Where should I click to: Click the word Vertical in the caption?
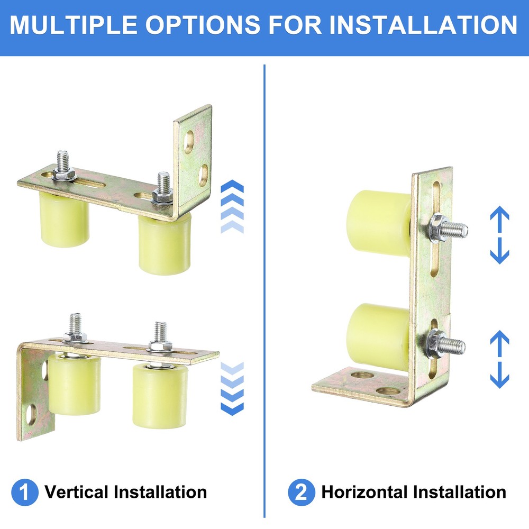click(x=77, y=492)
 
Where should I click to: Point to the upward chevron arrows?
click(x=232, y=207)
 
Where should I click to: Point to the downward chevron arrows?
click(x=232, y=389)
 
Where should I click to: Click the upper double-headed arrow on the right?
click(x=499, y=235)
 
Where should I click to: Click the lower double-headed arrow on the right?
click(x=499, y=359)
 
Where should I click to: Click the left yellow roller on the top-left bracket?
click(x=64, y=220)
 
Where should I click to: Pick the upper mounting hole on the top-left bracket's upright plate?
click(x=189, y=142)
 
